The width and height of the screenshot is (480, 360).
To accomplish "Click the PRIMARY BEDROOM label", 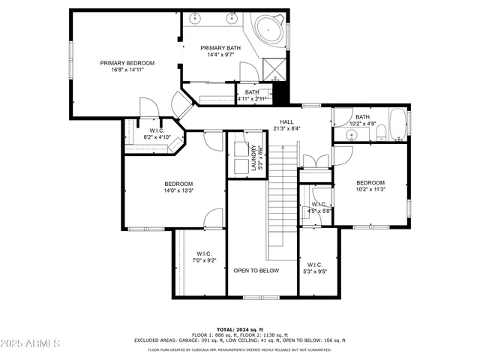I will coord(127,63).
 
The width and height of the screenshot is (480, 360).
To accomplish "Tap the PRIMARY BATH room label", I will coord(220,48).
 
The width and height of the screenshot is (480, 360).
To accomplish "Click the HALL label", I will coord(286,121).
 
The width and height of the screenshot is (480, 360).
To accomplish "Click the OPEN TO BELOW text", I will coord(256,271).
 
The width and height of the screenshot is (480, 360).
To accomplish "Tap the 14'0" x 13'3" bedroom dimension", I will coord(179,190).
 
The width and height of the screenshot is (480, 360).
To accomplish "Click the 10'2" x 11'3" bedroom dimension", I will coord(370,190).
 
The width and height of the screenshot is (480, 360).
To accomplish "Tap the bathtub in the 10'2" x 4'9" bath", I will coord(397,126).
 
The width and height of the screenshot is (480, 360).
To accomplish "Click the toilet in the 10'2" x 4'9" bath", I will coord(381,133).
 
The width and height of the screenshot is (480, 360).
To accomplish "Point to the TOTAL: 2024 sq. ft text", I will coord(239,329).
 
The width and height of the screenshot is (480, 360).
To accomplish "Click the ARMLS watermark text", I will coord(30,343).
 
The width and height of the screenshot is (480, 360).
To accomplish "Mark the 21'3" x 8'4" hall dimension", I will coord(286,128).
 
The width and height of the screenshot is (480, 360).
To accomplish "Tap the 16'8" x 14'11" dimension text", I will coord(127,70).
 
